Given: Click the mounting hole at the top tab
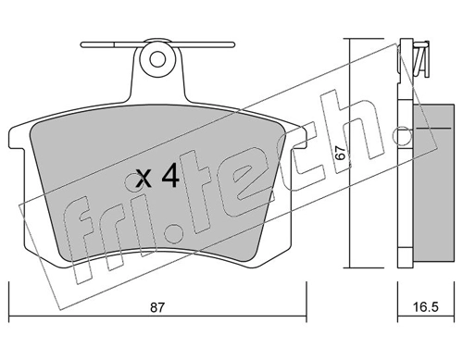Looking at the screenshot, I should pyautogui.click(x=157, y=59).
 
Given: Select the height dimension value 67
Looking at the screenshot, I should pyautogui.click(x=340, y=155).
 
